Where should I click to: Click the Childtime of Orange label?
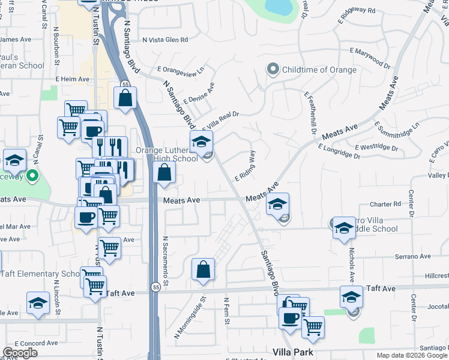click(x=319, y=70)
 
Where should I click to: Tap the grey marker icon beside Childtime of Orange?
click(x=273, y=70)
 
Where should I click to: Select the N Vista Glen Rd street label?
click(x=165, y=40)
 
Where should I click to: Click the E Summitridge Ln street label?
click(x=397, y=134)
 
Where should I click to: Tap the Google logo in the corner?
click(x=20, y=352)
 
